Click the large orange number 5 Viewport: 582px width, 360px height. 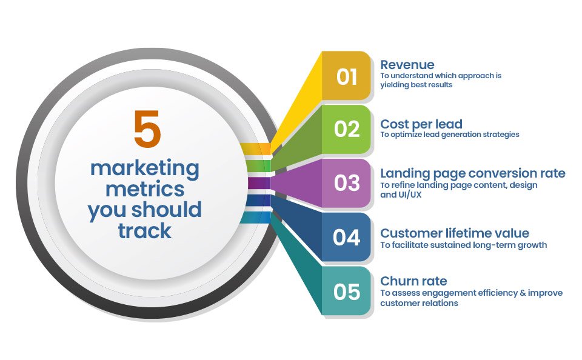pyautogui.click(x=147, y=128)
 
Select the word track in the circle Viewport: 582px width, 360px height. pyautogui.click(x=145, y=231)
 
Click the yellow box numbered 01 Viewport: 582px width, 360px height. pyautogui.click(x=346, y=76)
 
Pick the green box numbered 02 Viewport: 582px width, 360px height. pyautogui.click(x=346, y=129)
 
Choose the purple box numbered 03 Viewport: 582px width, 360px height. pyautogui.click(x=346, y=183)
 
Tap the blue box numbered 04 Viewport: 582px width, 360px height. pyautogui.click(x=346, y=237)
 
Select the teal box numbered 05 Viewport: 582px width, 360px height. pyautogui.click(x=346, y=291)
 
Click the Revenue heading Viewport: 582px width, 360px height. pyautogui.click(x=407, y=65)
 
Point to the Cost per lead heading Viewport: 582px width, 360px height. pyautogui.click(x=421, y=124)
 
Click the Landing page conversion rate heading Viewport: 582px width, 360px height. pyautogui.click(x=473, y=173)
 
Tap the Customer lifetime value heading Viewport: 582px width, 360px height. pyautogui.click(x=455, y=233)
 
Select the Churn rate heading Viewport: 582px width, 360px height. pyautogui.click(x=413, y=281)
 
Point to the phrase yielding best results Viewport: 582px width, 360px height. pyautogui.click(x=416, y=85)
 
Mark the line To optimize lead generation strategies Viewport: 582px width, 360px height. pyautogui.click(x=450, y=135)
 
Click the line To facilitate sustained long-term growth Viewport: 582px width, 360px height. pyautogui.click(x=464, y=245)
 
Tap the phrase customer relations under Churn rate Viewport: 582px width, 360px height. pyautogui.click(x=419, y=303)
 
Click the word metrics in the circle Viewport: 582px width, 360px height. pyautogui.click(x=145, y=189)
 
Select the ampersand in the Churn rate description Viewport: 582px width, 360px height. pyautogui.click(x=523, y=293)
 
